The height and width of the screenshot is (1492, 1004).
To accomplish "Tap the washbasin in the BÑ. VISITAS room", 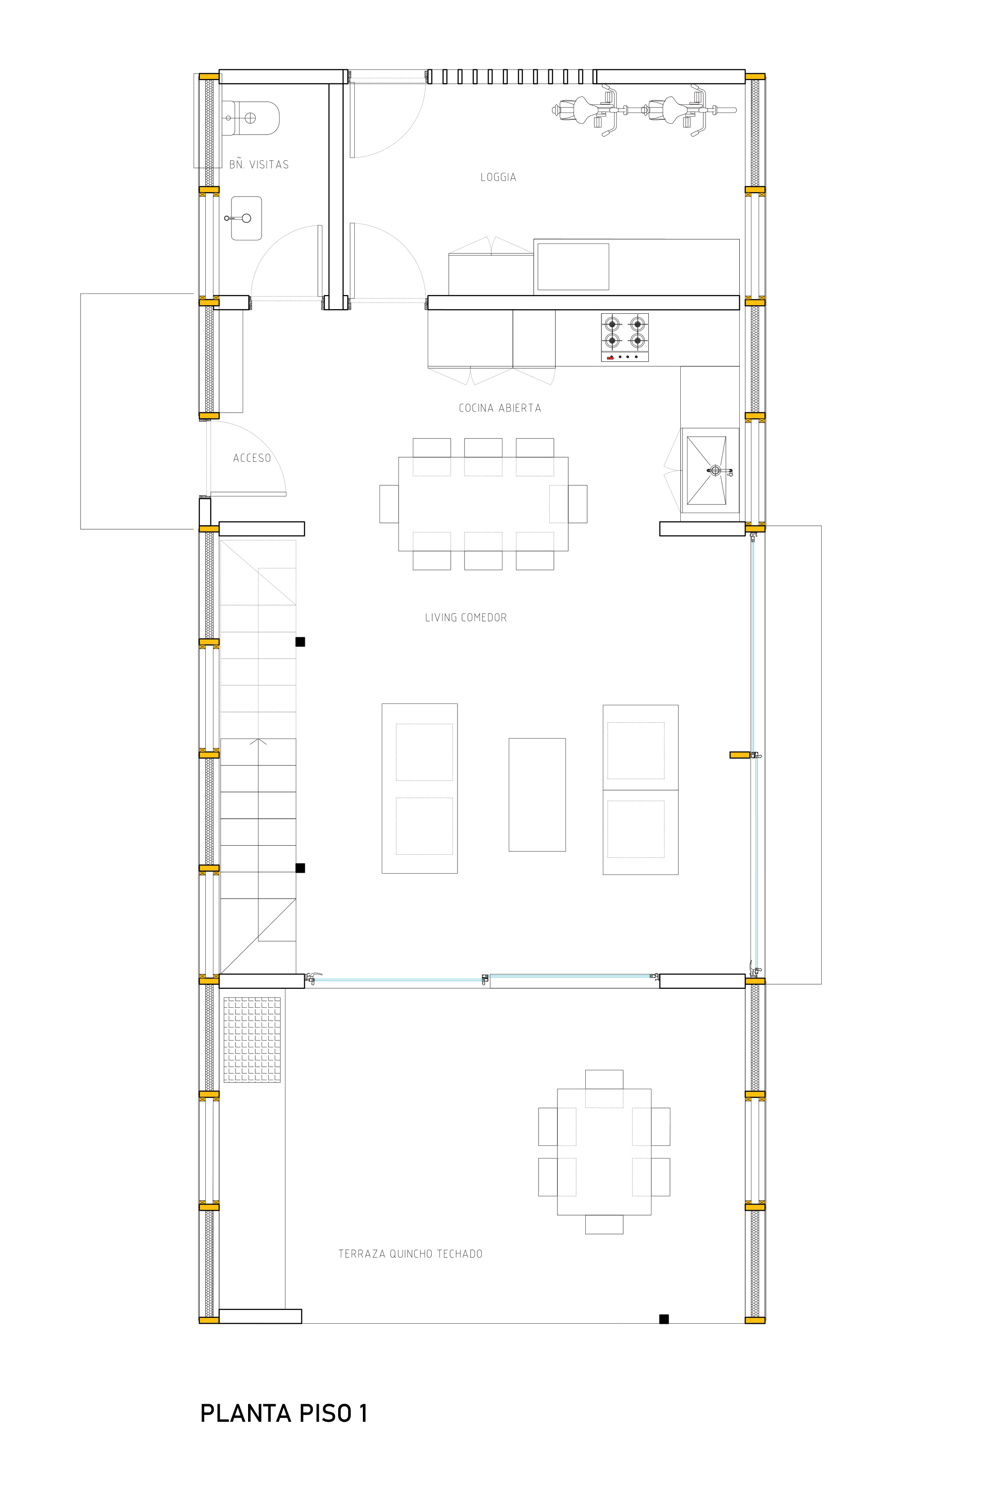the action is click(x=246, y=218).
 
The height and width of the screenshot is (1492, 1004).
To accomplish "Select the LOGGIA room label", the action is click(x=498, y=177).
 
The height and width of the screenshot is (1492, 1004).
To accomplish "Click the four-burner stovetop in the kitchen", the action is click(x=624, y=337).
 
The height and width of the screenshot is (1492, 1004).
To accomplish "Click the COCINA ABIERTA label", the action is click(x=500, y=408).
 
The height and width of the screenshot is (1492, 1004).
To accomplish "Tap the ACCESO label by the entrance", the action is click(x=252, y=458).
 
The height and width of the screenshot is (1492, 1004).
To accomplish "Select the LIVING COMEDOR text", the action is click(x=466, y=618).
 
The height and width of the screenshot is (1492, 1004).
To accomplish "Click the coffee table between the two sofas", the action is click(x=537, y=794).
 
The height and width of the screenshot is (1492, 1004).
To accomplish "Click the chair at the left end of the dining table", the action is click(x=389, y=504).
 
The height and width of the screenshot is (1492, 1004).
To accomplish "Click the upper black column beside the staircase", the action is click(x=300, y=641).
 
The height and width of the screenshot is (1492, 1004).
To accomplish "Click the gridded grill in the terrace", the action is click(x=252, y=1040).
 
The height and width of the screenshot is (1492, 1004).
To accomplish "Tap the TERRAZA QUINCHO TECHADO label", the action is click(x=411, y=1254).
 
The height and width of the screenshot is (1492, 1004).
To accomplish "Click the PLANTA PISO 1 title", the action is click(x=284, y=1413).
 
